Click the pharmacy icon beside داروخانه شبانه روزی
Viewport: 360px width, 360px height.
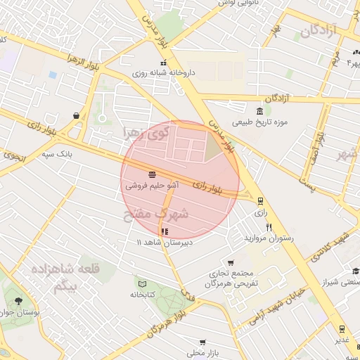[x=144, y=63]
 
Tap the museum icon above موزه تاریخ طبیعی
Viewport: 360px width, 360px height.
[x=260, y=112]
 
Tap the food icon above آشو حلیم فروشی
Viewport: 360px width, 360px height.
[x=153, y=174]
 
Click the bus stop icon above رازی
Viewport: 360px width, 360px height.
[x=260, y=201]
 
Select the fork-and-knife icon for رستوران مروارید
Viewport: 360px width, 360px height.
[x=269, y=228]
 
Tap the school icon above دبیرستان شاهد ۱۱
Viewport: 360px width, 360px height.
[x=164, y=231]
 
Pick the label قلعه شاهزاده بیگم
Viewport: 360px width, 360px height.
[x=71, y=278]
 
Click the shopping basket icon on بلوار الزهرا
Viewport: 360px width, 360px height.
[x=75, y=115]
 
